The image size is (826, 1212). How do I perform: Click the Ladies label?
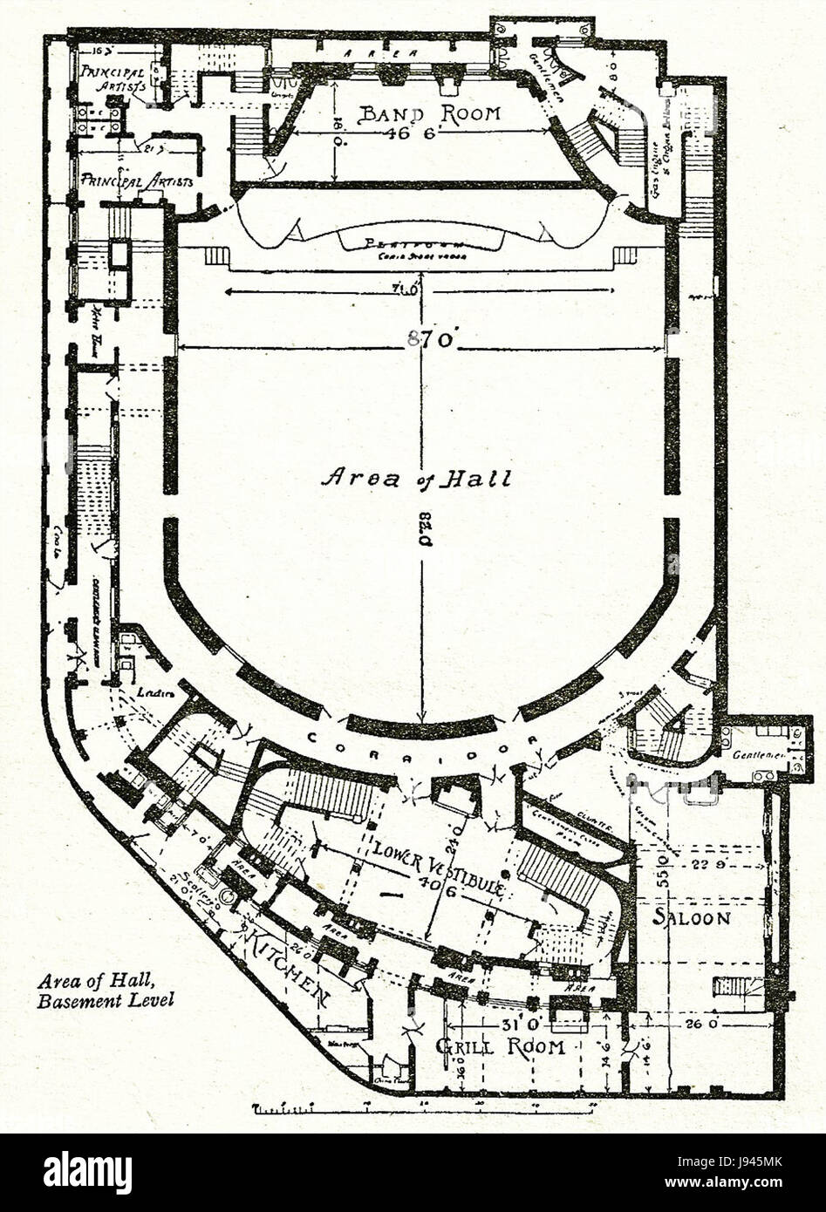pos(150,691)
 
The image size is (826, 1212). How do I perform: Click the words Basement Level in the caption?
pos(106,1000)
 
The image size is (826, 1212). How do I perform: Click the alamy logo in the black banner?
pos(88,1172)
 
